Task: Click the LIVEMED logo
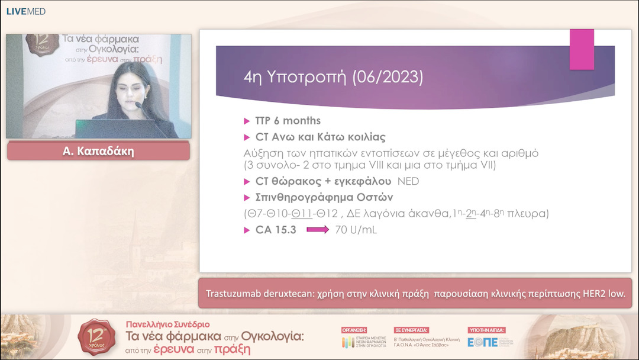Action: (25, 11)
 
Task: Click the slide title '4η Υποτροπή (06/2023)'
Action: (333, 77)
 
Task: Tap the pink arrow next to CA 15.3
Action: (317, 230)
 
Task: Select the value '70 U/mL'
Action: (356, 230)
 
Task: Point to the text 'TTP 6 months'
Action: (288, 121)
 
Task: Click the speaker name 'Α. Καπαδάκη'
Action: (98, 151)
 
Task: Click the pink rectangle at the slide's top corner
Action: (582, 49)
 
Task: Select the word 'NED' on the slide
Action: (408, 181)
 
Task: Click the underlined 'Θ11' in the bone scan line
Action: (302, 213)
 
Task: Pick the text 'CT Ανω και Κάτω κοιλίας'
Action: (320, 137)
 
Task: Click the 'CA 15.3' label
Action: (275, 230)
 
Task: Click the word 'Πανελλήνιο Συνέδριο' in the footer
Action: (167, 324)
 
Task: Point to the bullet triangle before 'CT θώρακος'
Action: (247, 181)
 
